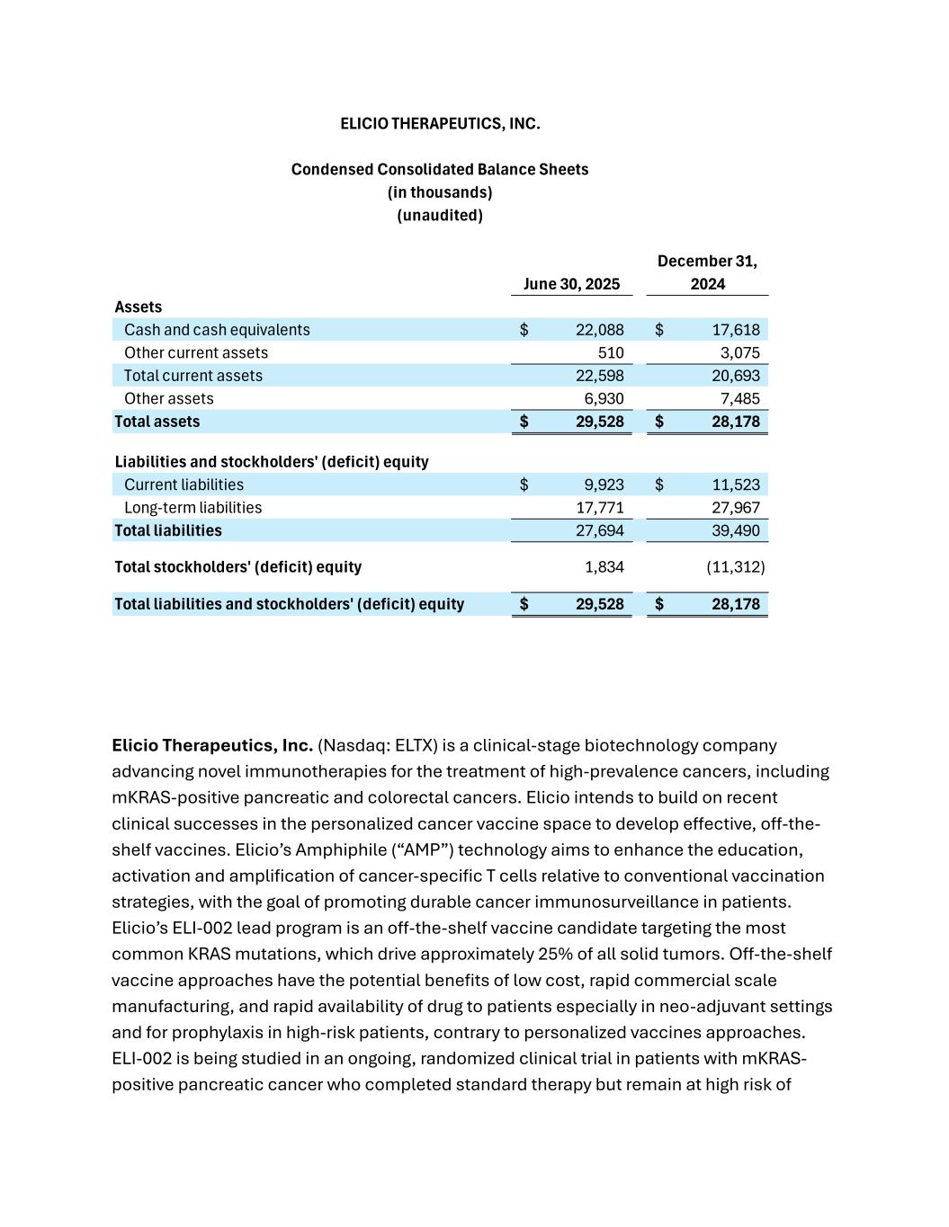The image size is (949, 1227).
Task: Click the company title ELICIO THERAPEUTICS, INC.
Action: point(440,124)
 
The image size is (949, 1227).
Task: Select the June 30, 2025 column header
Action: point(571,284)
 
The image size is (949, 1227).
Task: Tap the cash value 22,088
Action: point(599,330)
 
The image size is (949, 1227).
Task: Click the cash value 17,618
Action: point(735,330)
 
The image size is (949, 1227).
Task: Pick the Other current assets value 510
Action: point(611,353)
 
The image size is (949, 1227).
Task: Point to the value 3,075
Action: point(739,353)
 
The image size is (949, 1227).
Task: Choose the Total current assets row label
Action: point(193,376)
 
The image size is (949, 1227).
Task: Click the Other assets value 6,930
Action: point(604,399)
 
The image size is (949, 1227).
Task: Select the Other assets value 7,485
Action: point(739,399)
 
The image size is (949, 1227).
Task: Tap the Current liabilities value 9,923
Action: point(604,485)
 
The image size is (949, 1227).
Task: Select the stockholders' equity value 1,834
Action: point(604,567)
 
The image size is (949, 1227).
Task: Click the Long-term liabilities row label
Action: point(193,508)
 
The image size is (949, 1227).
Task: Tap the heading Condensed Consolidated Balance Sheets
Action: point(440,170)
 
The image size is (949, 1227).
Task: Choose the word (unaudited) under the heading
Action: point(440,216)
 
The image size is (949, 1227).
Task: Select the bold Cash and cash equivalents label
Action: point(217,330)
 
